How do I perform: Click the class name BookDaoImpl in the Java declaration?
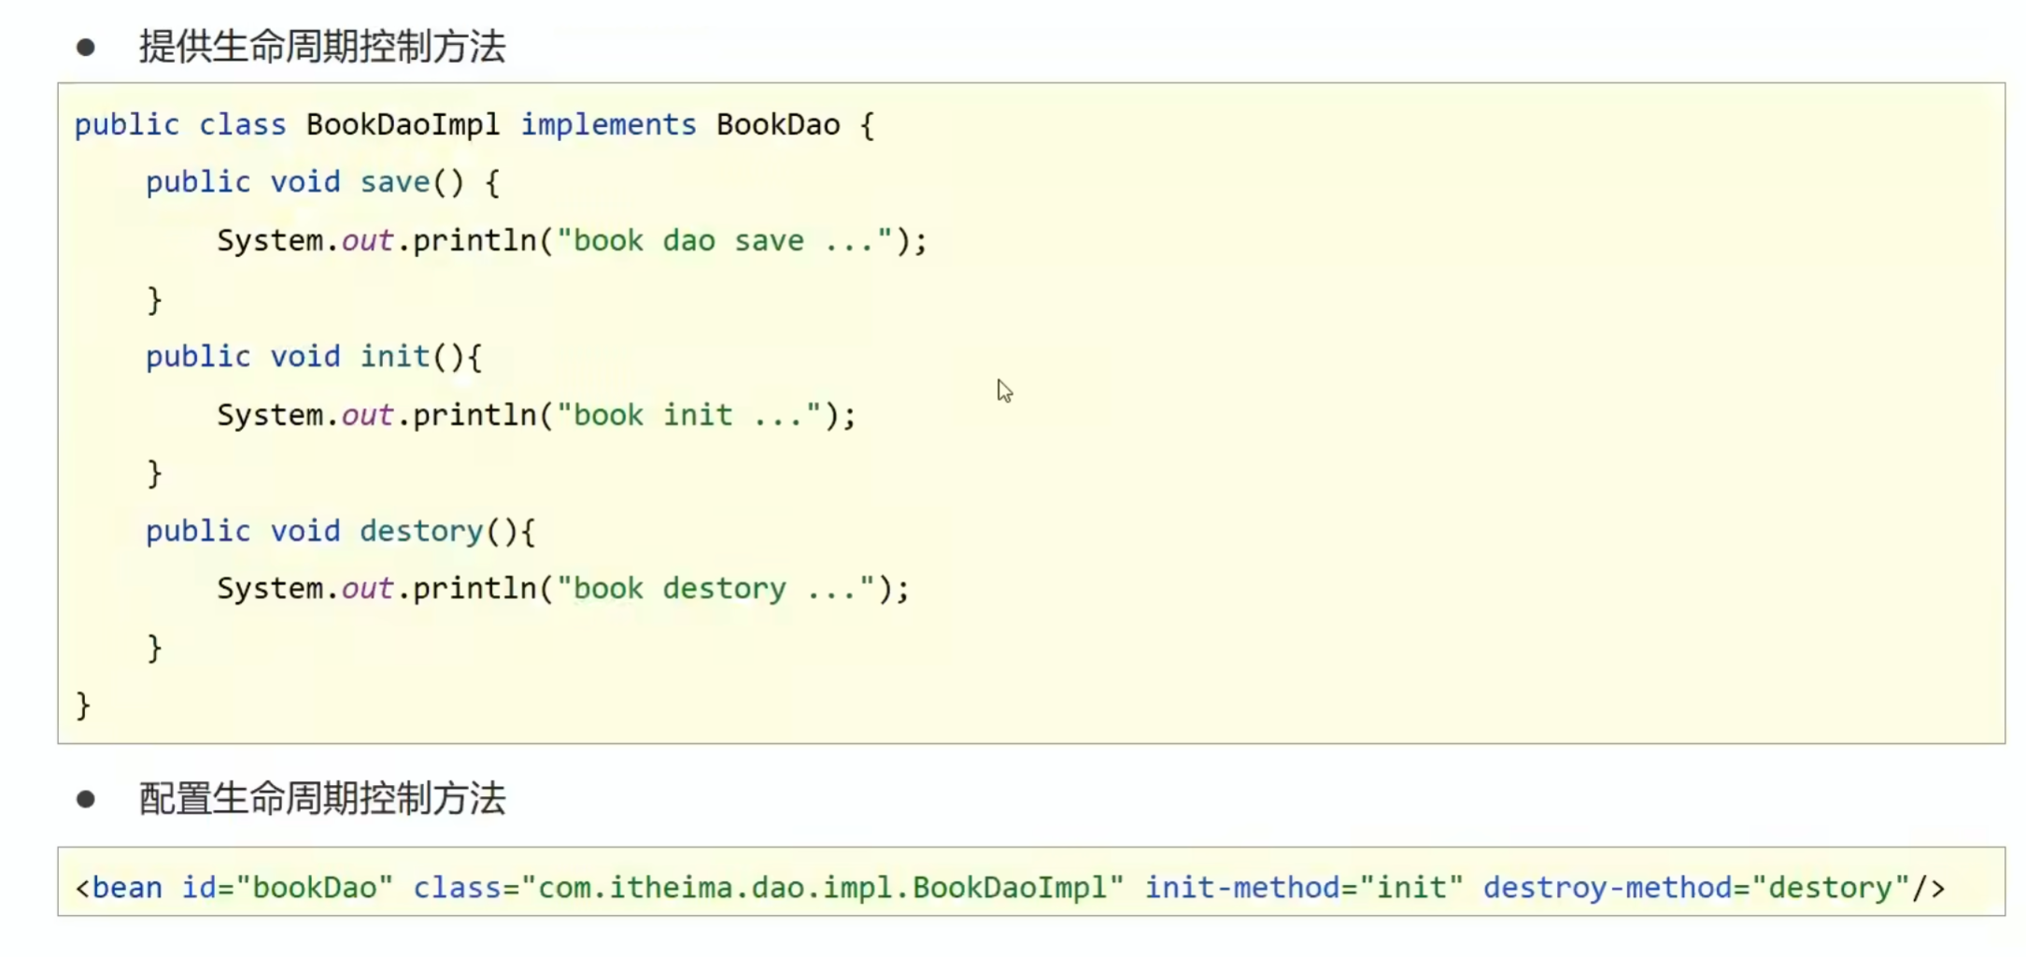coord(403,125)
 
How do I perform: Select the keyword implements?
coord(608,124)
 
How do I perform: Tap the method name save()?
coord(412,182)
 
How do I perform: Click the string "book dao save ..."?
coord(725,241)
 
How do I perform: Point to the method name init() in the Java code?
coord(412,356)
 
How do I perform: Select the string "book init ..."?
coord(689,415)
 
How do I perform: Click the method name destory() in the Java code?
coord(438,531)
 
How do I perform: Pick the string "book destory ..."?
coord(716,589)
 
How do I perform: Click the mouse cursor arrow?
coord(1004,391)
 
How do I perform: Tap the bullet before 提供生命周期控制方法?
coord(86,48)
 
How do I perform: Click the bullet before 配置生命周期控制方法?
coord(86,799)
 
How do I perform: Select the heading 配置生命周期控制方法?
coord(322,799)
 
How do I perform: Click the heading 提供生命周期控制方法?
coord(322,47)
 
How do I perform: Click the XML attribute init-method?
coord(1242,887)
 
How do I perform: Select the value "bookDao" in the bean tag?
coord(315,887)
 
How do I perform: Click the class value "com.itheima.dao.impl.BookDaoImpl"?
coord(822,887)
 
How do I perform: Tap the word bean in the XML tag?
coord(127,887)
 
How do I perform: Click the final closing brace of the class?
coord(83,706)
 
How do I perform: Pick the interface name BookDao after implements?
coord(778,125)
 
